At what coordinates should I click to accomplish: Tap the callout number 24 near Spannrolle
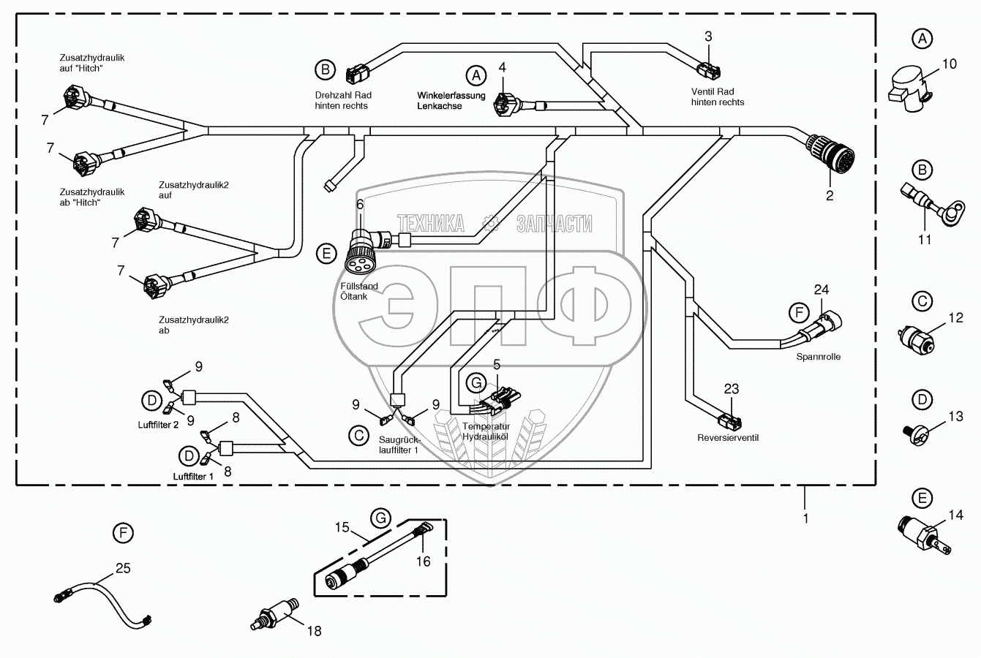822,289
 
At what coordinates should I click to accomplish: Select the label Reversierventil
728,438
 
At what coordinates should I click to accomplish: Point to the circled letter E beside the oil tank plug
326,254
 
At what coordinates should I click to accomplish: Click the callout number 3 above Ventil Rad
708,36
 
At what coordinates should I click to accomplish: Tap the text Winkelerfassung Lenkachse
451,101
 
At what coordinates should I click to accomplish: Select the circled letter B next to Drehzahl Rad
325,70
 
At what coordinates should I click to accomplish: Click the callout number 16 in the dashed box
424,561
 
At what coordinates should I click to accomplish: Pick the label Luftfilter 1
194,476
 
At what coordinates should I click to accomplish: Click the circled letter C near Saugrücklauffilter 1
358,436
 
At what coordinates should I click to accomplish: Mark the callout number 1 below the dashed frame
805,518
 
